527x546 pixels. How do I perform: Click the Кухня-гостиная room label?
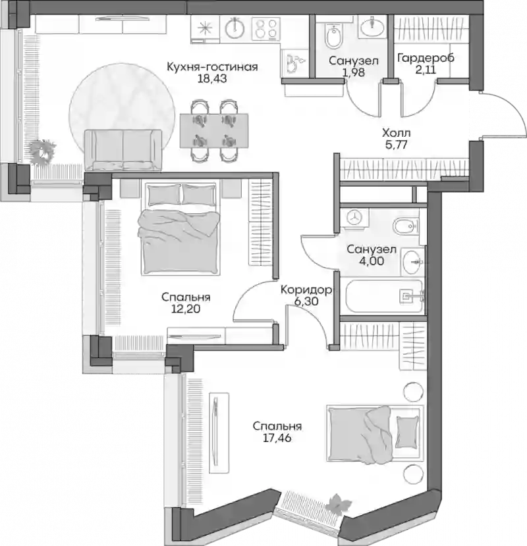pos(212,67)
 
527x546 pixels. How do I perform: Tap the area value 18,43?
pos(212,79)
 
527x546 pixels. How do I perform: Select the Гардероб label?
pos(426,58)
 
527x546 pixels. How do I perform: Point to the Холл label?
pos(396,133)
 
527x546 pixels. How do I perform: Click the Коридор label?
pos(306,290)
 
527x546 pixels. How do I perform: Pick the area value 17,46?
pos(277,438)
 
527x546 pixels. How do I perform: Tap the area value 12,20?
pos(186,309)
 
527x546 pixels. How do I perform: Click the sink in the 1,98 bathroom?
pos(372,27)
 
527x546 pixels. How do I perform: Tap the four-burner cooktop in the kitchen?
pos(266,28)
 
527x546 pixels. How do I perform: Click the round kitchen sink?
pos(235,28)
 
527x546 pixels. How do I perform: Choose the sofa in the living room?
pos(123,150)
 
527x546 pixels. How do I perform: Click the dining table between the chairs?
pos(214,130)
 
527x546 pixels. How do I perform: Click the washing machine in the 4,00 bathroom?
pos(354,218)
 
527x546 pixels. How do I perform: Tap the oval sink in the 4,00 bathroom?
pos(412,261)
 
